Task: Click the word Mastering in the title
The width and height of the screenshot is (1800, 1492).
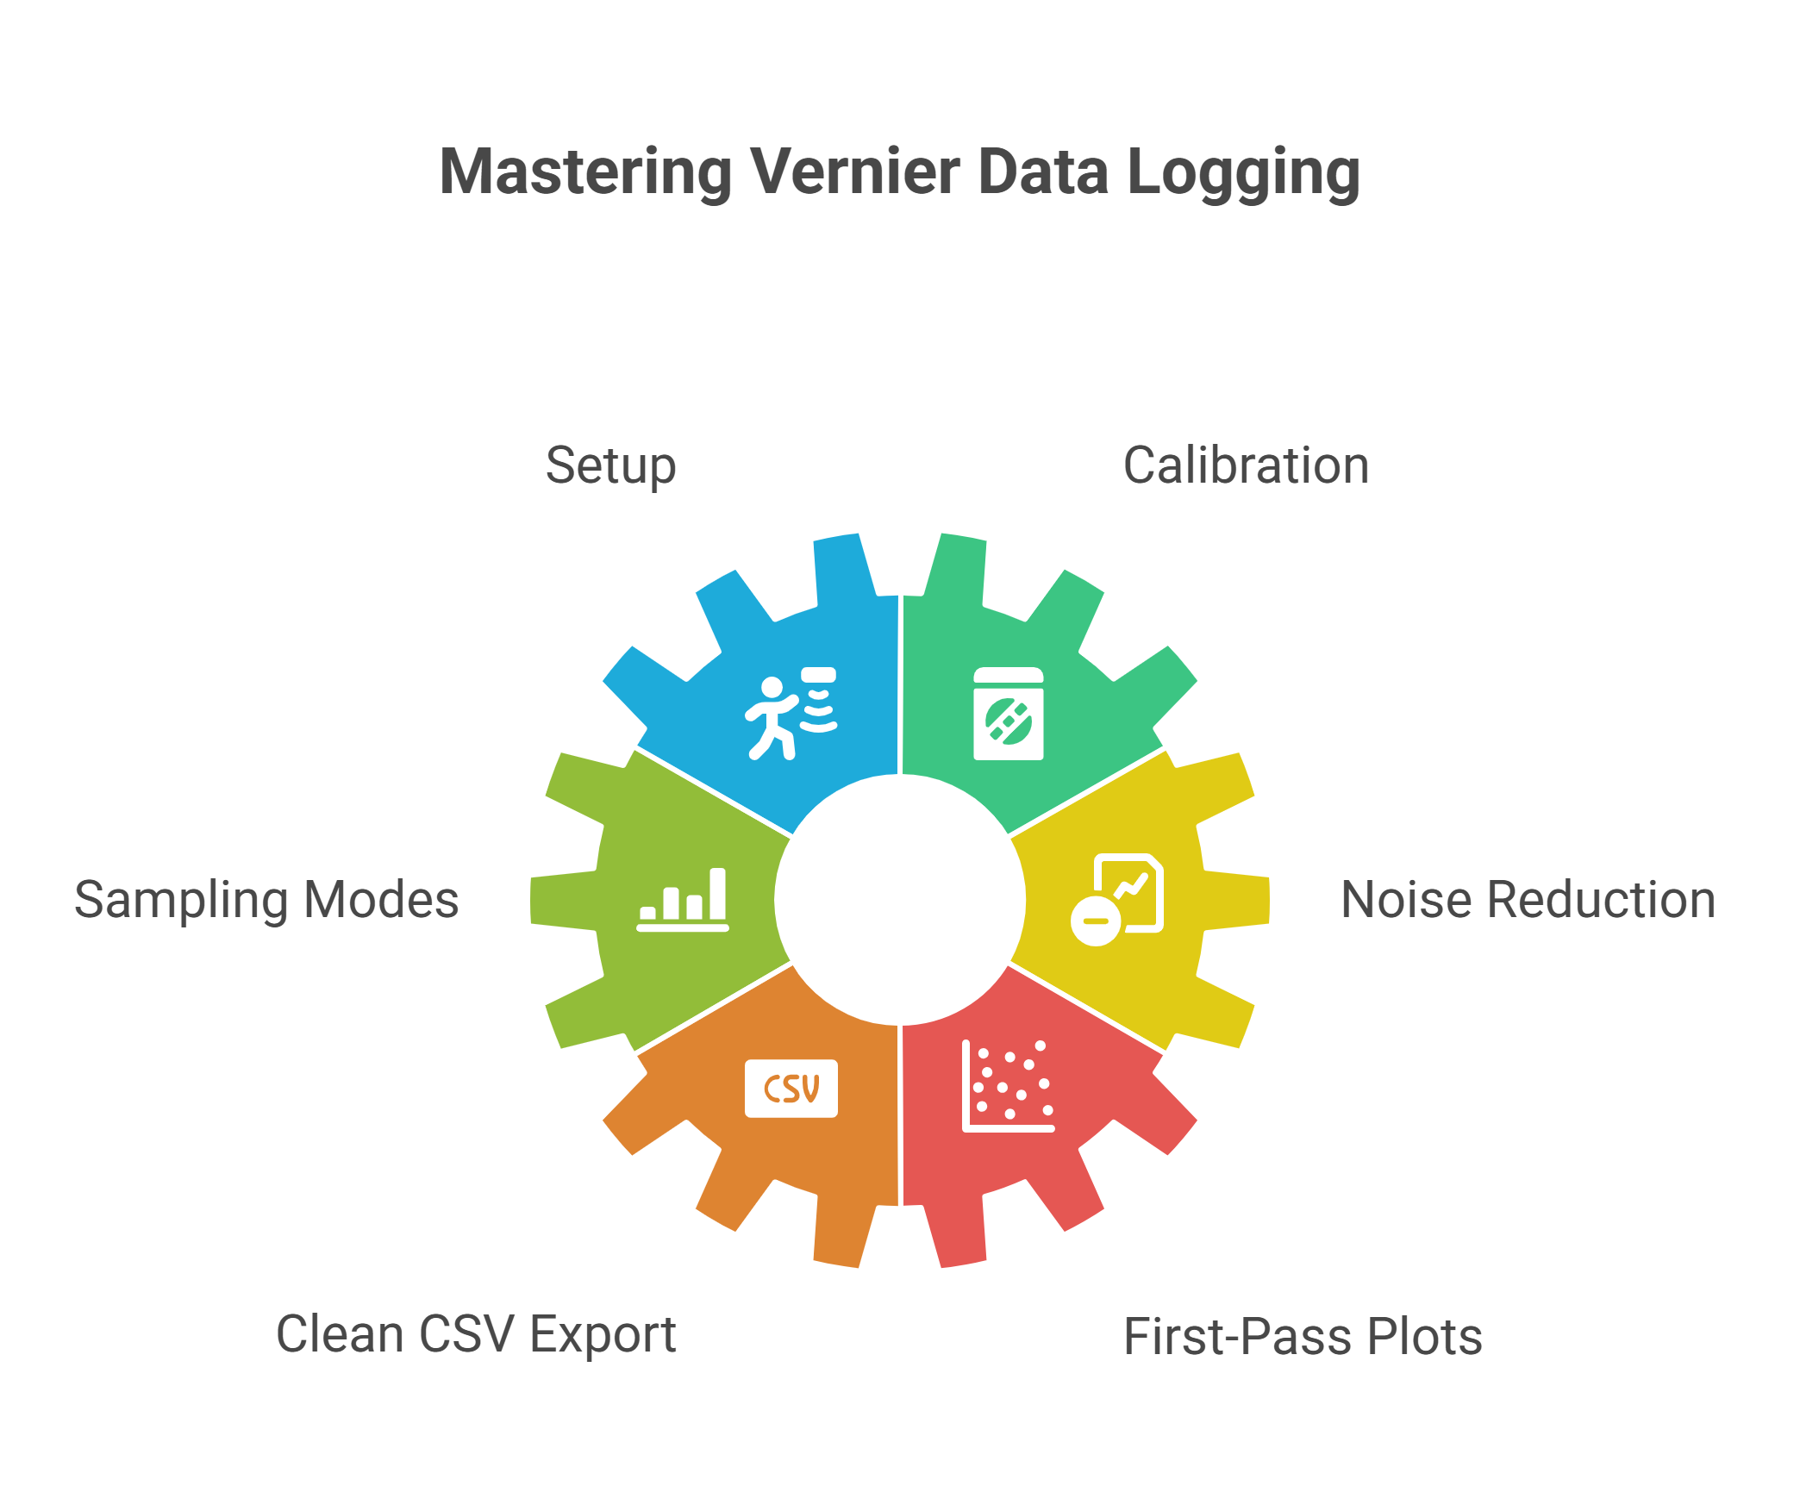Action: pos(585,172)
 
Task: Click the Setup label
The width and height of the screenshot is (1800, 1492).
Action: pos(610,467)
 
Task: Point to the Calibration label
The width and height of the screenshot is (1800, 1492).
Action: pos(1246,466)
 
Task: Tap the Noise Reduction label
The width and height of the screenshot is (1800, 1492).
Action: pos(1528,900)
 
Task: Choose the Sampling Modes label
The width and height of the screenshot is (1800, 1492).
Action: pos(266,900)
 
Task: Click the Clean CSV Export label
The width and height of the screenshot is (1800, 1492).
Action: pos(476,1334)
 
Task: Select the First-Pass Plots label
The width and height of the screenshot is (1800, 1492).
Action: pos(1303,1337)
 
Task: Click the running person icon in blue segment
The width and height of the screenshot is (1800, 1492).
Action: pos(791,714)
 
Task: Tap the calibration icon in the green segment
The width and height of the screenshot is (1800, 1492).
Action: pos(1008,714)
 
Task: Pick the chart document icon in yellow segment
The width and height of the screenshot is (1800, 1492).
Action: pos(1117,900)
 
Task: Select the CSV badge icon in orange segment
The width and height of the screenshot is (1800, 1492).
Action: pos(791,1088)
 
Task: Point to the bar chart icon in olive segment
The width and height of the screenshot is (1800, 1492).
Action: pos(683,900)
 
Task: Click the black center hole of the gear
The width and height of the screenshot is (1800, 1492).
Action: pos(900,900)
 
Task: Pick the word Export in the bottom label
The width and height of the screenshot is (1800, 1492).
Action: pos(603,1334)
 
